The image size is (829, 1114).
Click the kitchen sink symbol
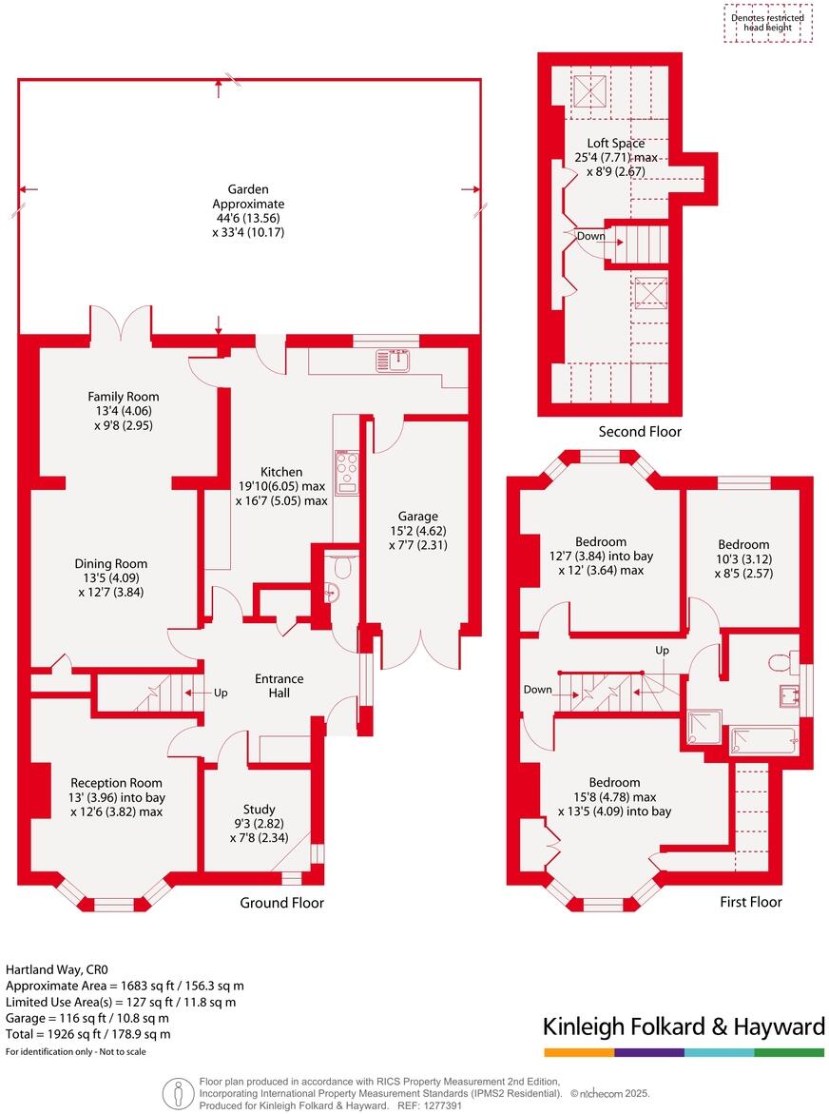click(x=392, y=360)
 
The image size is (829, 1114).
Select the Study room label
click(x=259, y=810)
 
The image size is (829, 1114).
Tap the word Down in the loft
click(x=590, y=236)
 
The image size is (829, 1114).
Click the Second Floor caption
click(x=640, y=432)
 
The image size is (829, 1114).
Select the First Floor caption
click(x=751, y=901)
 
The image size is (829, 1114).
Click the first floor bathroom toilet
click(x=780, y=661)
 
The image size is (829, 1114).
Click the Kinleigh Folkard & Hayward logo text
click(x=684, y=1026)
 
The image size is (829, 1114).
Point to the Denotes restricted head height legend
click(x=767, y=23)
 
